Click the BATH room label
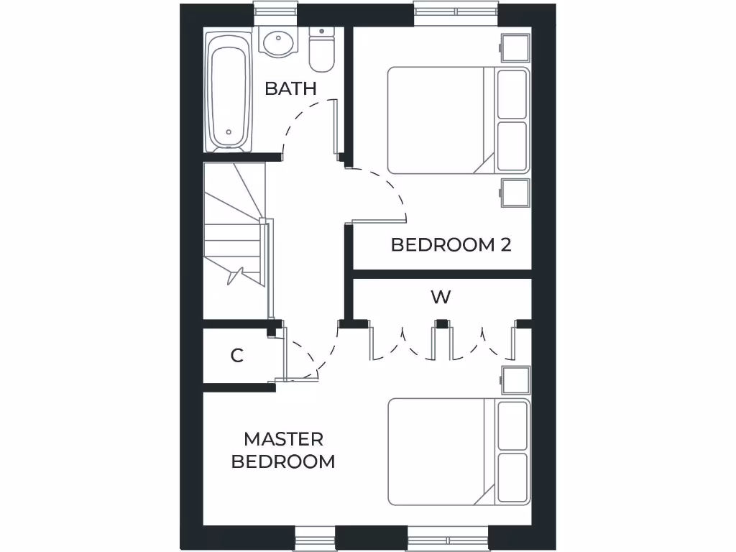click(x=290, y=88)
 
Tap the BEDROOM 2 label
click(x=451, y=244)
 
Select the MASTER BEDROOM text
click(x=283, y=450)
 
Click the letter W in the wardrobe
click(x=441, y=297)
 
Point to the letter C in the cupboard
click(x=236, y=355)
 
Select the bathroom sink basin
click(x=277, y=42)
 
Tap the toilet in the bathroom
click(x=321, y=50)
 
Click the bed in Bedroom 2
click(x=446, y=120)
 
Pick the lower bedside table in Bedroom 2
click(x=515, y=193)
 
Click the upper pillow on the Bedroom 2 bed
click(x=512, y=93)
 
